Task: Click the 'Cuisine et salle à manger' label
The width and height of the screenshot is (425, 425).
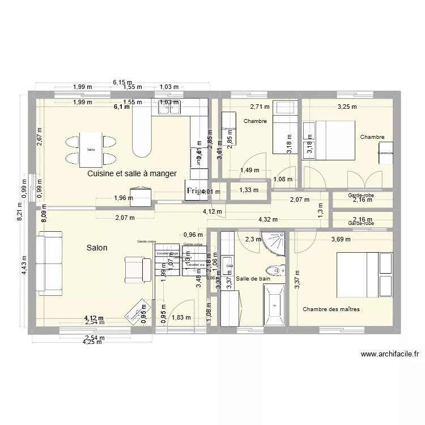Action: [132, 174]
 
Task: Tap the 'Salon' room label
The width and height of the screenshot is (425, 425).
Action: [97, 248]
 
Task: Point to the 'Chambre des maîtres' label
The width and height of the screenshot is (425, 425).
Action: [331, 309]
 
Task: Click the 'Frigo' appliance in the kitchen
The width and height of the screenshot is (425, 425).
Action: [195, 191]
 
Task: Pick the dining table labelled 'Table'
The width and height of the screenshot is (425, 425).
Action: [91, 150]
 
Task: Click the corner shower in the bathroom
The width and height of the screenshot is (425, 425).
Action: [275, 243]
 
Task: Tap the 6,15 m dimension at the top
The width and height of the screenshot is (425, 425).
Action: [122, 82]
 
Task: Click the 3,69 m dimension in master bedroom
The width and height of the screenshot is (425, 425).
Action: [341, 239]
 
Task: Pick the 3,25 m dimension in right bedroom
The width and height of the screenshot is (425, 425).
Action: [347, 106]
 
